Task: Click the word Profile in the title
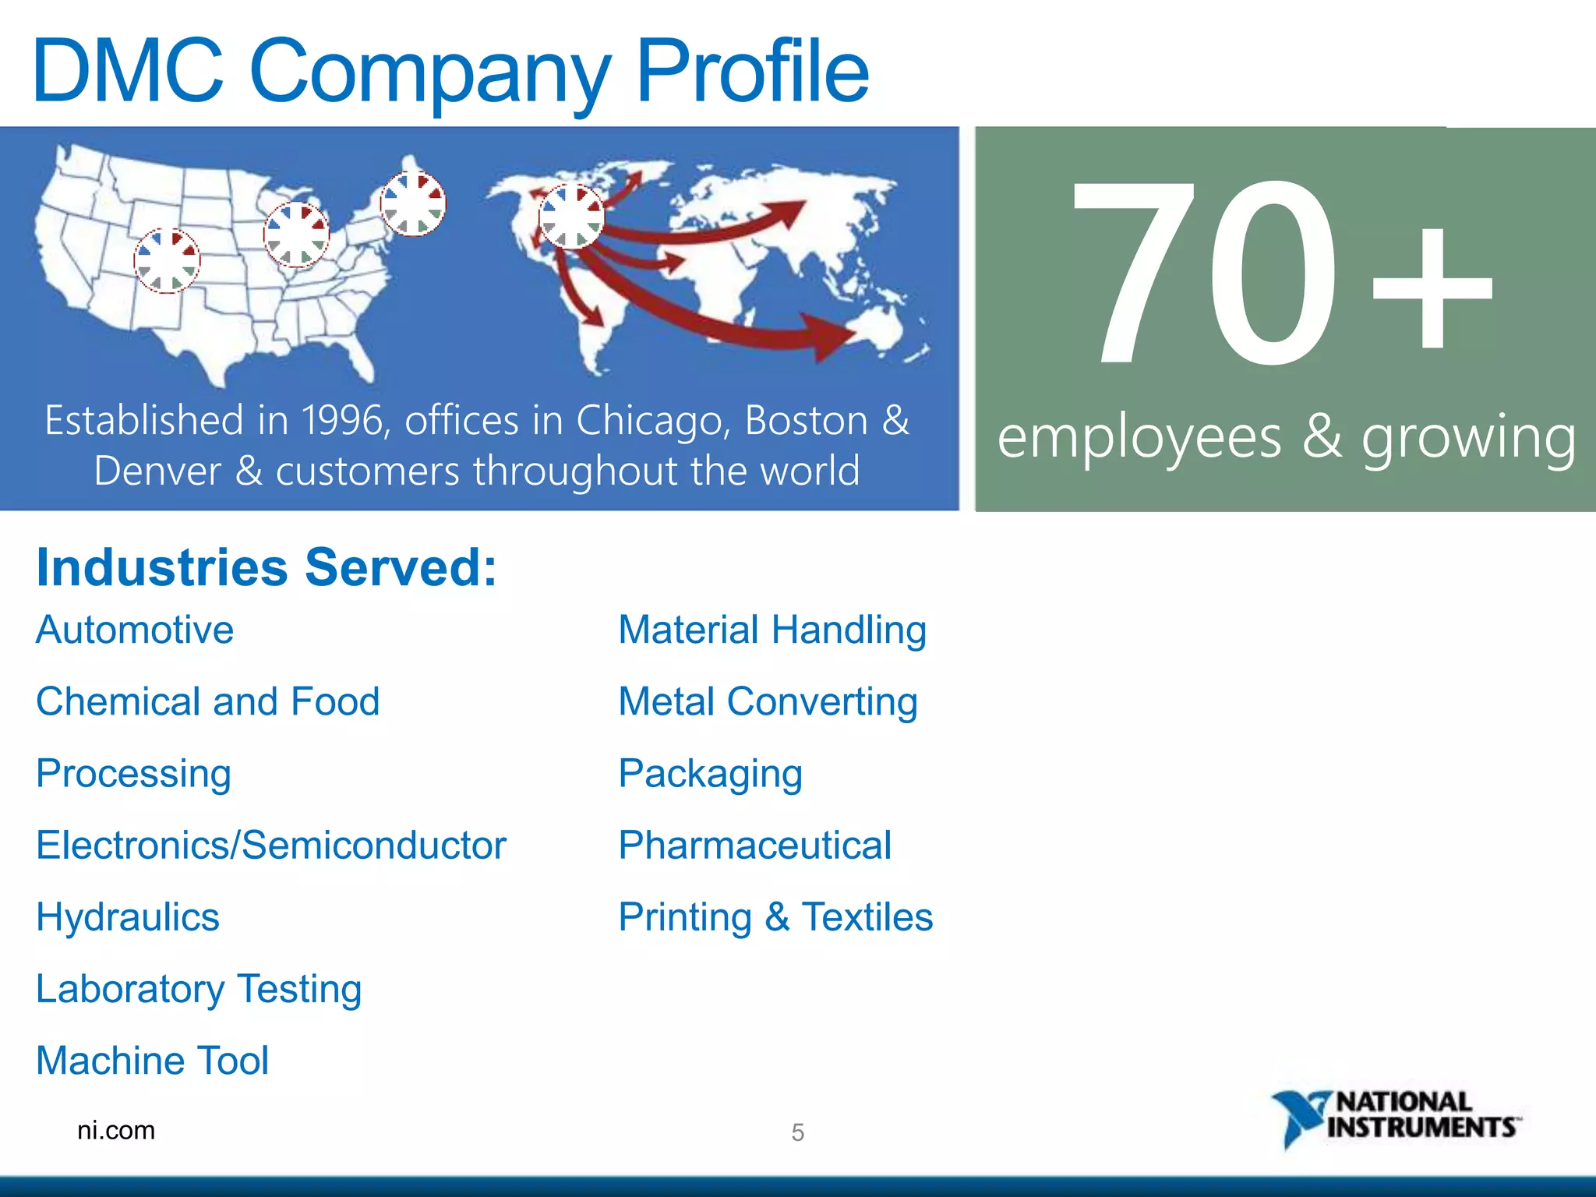(x=752, y=72)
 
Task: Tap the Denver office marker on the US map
(x=167, y=260)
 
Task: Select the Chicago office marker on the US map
(x=296, y=234)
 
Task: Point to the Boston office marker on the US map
(x=413, y=203)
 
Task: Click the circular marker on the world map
(x=571, y=216)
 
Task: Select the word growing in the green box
(x=1468, y=438)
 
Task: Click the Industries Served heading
(x=267, y=567)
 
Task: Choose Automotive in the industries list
(x=135, y=630)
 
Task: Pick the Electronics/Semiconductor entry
(x=271, y=846)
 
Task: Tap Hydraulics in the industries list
(x=128, y=917)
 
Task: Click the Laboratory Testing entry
(x=199, y=989)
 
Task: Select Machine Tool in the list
(x=153, y=1061)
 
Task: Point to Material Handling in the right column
(x=772, y=630)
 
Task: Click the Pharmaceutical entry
(x=754, y=846)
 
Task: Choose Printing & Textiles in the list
(x=775, y=917)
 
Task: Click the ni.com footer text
(x=116, y=1130)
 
